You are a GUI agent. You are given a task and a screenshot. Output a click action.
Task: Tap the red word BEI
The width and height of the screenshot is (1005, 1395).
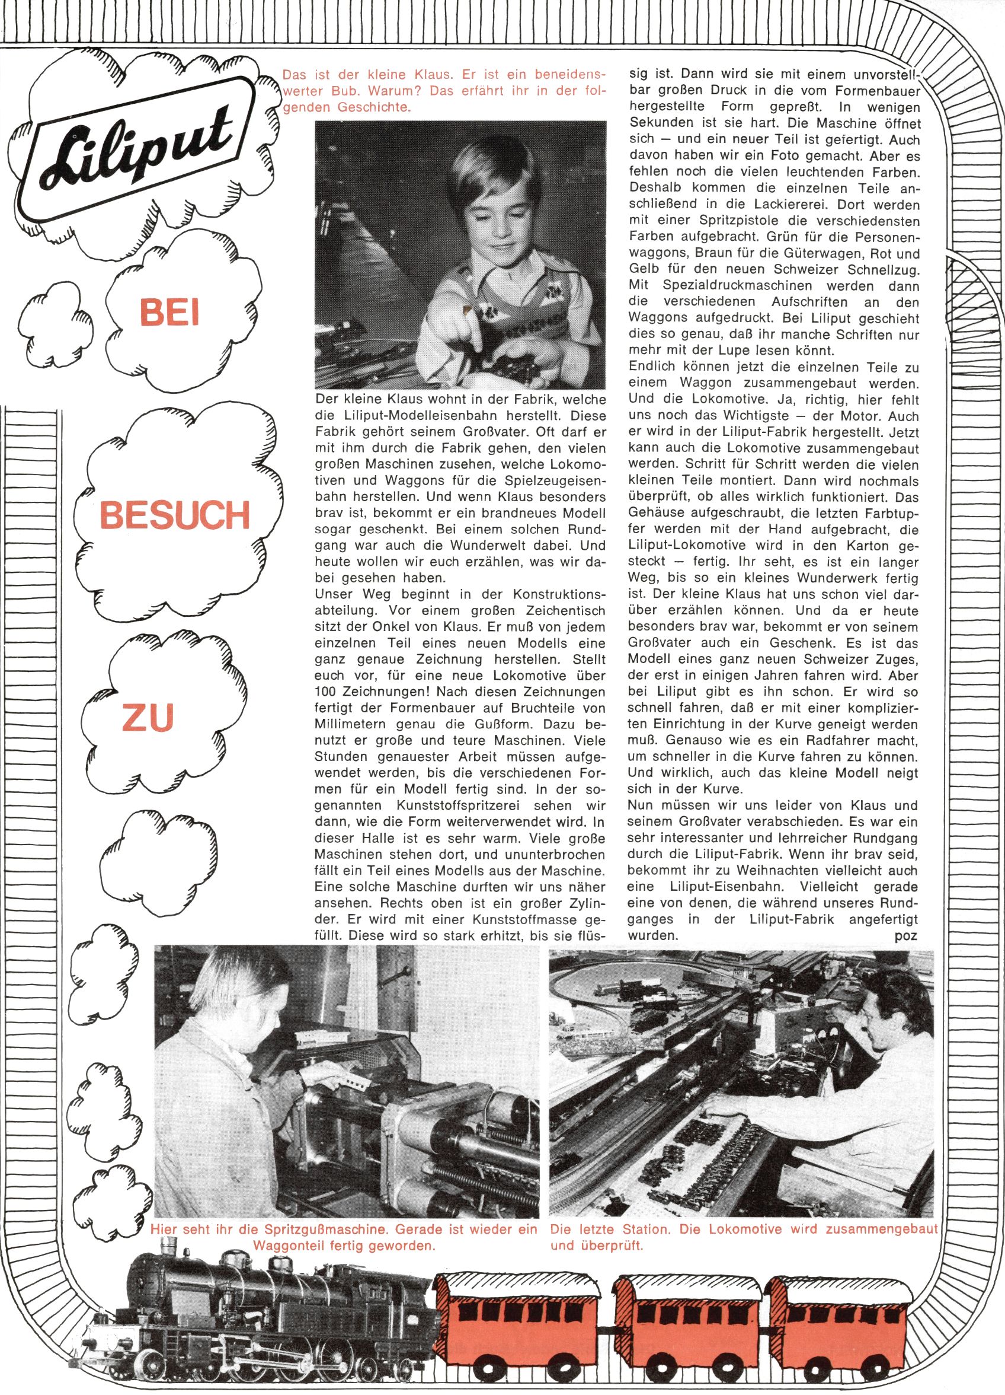click(x=169, y=312)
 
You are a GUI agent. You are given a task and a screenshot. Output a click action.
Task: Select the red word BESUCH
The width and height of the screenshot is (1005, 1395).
click(x=175, y=515)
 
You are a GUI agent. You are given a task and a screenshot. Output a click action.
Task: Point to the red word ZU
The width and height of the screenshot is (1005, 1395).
click(x=148, y=717)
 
